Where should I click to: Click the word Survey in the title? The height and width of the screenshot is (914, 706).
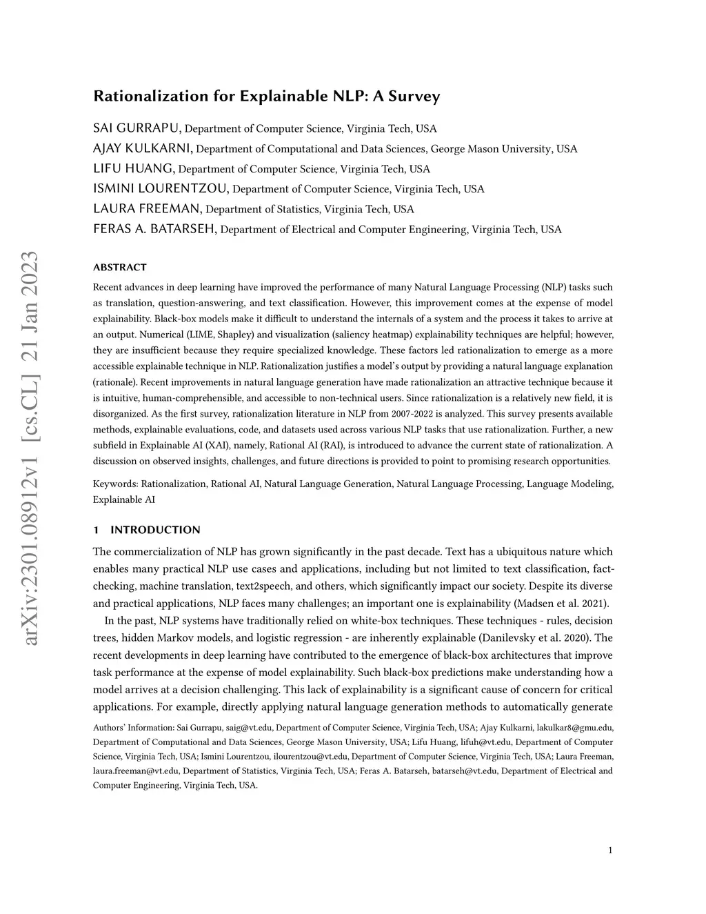pos(414,96)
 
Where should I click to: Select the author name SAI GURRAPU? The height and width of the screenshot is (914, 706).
pos(137,128)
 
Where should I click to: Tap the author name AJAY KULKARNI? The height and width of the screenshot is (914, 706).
pos(143,148)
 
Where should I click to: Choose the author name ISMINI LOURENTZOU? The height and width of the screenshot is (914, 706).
pos(161,188)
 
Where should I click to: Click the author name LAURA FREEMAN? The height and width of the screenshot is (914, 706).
pos(148,208)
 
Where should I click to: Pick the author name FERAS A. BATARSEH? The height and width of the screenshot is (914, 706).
pos(155,229)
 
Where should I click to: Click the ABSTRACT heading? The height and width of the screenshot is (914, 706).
pos(120,268)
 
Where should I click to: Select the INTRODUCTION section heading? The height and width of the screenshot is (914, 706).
pos(155,530)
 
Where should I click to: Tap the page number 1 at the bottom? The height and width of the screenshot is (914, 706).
pos(610,851)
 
